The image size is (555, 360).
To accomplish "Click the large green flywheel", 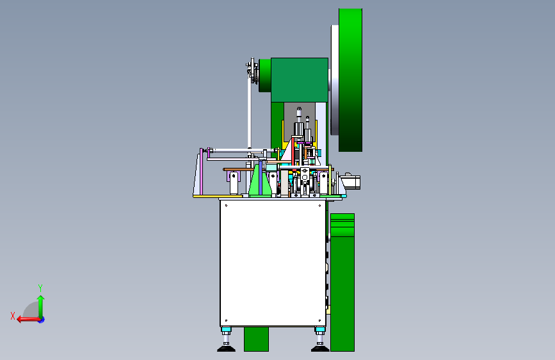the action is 350,80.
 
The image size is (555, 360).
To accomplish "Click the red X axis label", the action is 13,316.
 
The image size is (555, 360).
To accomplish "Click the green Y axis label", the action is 40,288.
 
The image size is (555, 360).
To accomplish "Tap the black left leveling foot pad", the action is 226,349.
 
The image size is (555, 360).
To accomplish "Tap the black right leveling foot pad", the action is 320,349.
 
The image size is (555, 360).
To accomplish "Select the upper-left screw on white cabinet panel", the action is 226,206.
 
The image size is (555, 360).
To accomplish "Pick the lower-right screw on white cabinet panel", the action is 319,321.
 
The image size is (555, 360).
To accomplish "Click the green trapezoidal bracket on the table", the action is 260,180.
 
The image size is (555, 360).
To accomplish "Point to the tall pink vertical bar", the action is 202,172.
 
